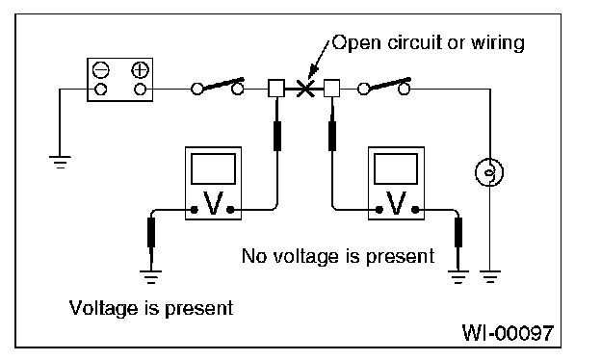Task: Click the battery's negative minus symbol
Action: click(x=101, y=70)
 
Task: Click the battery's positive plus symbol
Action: click(x=140, y=70)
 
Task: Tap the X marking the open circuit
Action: click(x=305, y=89)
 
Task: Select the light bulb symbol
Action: click(x=489, y=172)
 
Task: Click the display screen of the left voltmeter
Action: click(x=213, y=168)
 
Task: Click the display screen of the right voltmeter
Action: click(x=396, y=168)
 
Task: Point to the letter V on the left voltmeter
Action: click(x=213, y=203)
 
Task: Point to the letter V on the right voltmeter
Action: click(x=396, y=203)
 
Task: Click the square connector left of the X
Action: click(x=276, y=89)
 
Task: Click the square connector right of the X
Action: click(x=331, y=89)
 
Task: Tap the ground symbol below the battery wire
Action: click(x=60, y=162)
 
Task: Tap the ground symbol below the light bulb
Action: click(x=490, y=276)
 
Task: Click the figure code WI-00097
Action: click(x=508, y=332)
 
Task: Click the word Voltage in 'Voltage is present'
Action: click(x=103, y=308)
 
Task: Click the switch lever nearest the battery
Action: click(x=221, y=85)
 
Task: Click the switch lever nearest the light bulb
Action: click(x=387, y=85)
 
